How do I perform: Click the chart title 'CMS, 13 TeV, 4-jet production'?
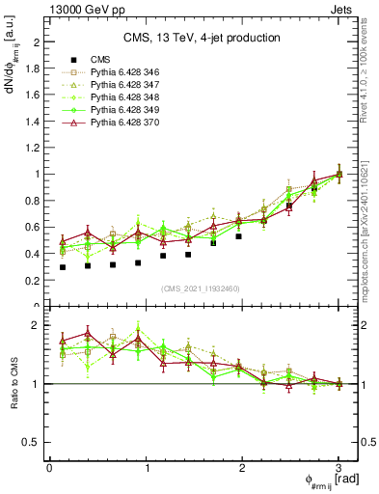point(202,38)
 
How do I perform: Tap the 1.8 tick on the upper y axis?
point(33,69)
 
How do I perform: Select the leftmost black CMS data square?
point(63,267)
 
